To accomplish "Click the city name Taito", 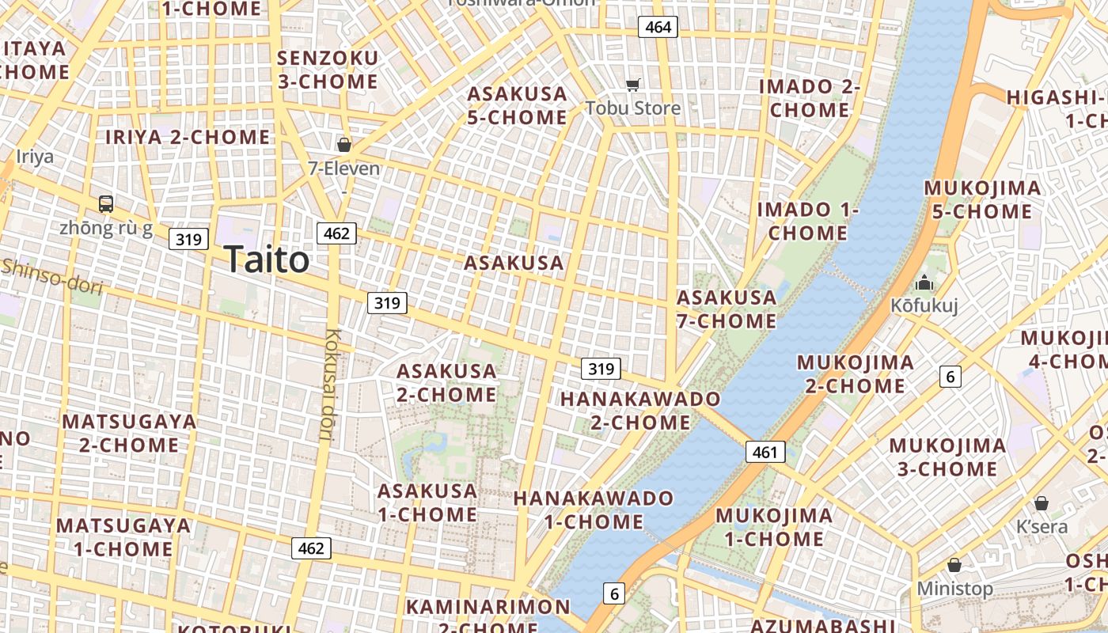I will [x=266, y=260].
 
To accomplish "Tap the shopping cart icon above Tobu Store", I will [x=632, y=85].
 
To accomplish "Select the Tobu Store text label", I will [x=633, y=108].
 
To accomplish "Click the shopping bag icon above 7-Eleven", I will [x=344, y=145].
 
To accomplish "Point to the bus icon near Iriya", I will [x=106, y=203].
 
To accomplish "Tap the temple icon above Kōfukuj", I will [x=924, y=282].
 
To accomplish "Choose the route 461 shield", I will [x=765, y=452].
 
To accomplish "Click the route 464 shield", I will [x=658, y=27].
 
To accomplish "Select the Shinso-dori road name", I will [x=52, y=276].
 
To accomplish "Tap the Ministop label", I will [x=954, y=589].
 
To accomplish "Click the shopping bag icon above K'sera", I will [x=1042, y=503].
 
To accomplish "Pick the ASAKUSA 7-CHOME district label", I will [x=727, y=309].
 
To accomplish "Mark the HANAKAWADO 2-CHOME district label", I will [x=640, y=410].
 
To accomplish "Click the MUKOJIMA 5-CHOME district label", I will [x=982, y=199].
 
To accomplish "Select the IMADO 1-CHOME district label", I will [x=807, y=221].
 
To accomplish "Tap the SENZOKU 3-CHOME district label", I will [x=328, y=70].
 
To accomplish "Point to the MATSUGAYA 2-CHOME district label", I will [x=129, y=433].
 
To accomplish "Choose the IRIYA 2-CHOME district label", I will [x=188, y=137].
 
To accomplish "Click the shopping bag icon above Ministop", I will [x=954, y=565].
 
